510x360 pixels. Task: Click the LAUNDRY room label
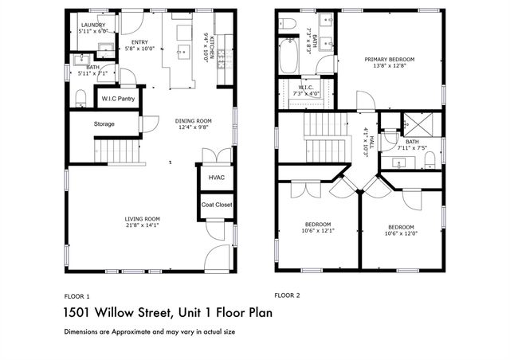(93, 25)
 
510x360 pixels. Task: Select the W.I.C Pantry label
(116, 99)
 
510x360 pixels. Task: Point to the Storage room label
(104, 124)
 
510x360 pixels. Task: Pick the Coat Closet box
(217, 205)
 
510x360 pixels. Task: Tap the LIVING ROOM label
(143, 219)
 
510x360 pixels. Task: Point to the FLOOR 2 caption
(287, 294)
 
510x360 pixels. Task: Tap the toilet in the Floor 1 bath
(80, 97)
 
